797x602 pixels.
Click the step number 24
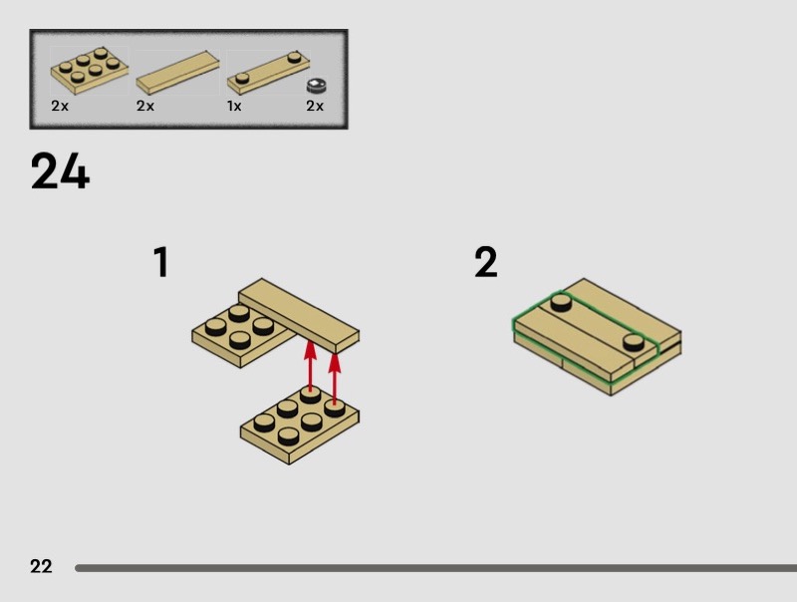(60, 170)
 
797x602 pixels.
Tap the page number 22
(41, 566)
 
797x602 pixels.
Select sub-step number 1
(161, 262)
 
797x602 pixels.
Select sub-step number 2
(486, 262)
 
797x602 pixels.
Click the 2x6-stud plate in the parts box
(90, 71)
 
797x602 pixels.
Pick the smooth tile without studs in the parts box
(178, 72)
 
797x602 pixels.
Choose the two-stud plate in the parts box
(268, 73)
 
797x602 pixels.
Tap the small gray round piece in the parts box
(316, 86)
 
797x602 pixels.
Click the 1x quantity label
(234, 107)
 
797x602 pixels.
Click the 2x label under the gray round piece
(315, 106)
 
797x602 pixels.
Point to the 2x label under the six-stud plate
(60, 106)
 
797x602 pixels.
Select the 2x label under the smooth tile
(145, 106)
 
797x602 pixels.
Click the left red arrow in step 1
(310, 366)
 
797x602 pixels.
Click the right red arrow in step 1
(335, 379)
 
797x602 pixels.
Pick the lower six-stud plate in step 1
(300, 425)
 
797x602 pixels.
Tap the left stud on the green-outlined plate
(561, 303)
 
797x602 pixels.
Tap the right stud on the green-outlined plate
(634, 342)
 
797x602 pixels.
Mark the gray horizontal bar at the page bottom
(436, 568)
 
